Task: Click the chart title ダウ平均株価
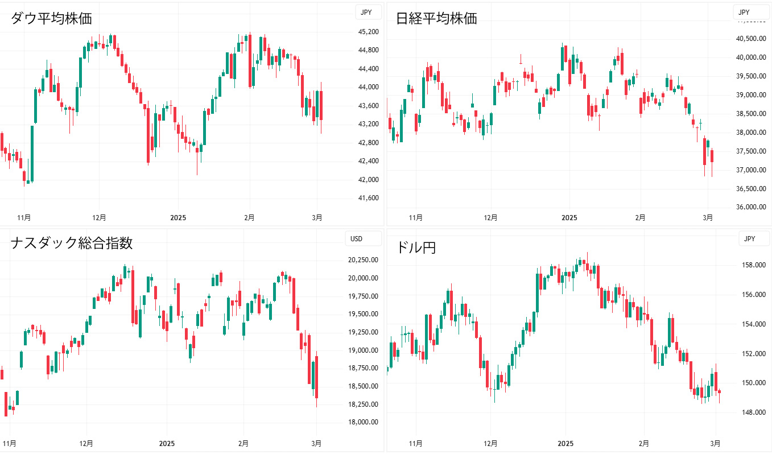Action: tap(52, 18)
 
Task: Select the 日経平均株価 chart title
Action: tap(436, 18)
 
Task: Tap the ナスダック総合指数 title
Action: tap(72, 243)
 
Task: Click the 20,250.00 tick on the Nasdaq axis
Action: tap(364, 260)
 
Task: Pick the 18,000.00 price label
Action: tap(364, 422)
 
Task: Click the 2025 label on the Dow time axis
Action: tap(178, 217)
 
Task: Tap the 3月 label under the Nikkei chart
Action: tap(708, 217)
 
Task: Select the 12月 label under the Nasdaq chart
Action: tap(86, 443)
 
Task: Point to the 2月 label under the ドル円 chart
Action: tap(643, 443)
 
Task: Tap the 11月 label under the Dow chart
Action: tap(24, 217)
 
